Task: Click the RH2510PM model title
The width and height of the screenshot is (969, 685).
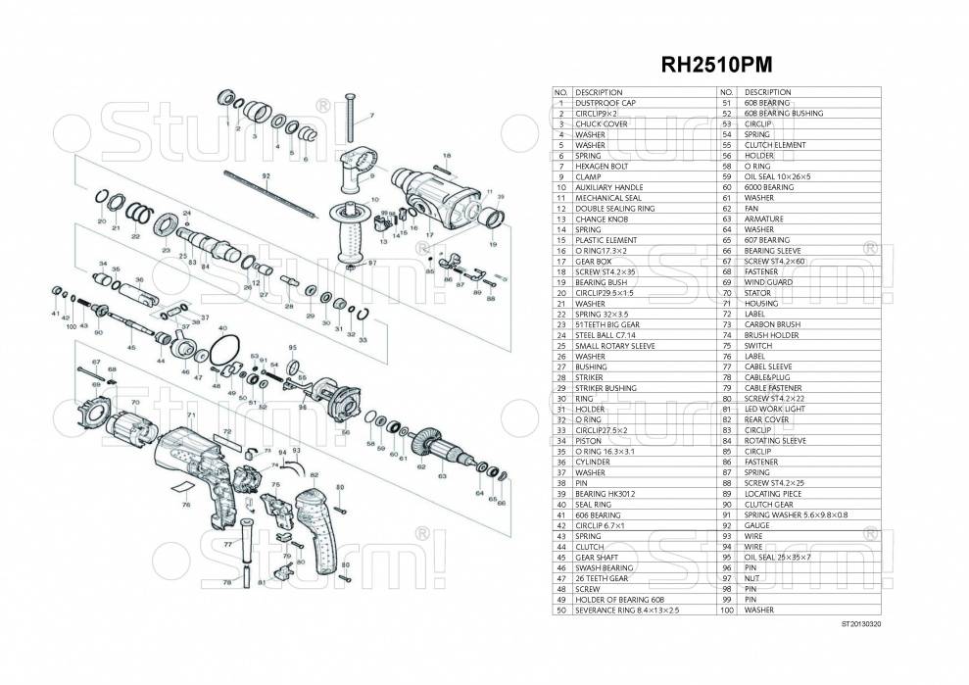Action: tap(716, 61)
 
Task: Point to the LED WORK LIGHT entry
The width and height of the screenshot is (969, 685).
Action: tap(773, 410)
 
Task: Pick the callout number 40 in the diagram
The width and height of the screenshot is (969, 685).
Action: tap(222, 328)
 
